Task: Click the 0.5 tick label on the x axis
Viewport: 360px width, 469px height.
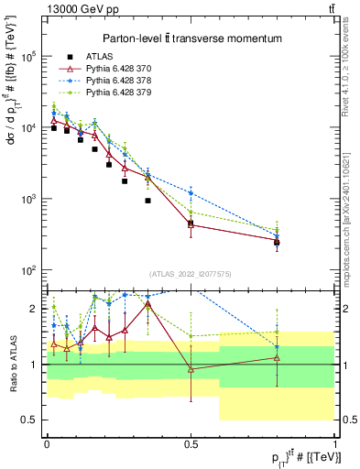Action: pos(191,444)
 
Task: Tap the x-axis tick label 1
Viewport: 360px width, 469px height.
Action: pos(335,444)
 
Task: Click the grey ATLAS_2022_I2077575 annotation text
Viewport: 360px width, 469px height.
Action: pos(190,274)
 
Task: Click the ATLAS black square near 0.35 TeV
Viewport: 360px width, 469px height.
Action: pos(147,225)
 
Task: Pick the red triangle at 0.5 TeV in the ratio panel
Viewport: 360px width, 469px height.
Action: pos(191,369)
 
